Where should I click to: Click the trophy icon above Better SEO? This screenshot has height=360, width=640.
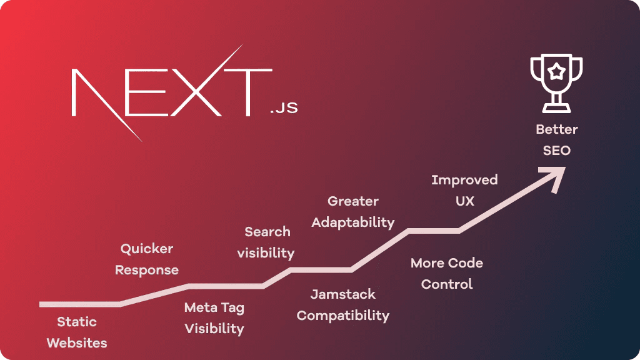[556, 84]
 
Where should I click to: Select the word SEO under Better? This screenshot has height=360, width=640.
[556, 151]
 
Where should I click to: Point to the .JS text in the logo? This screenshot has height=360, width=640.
[284, 107]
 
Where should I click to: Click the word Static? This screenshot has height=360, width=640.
[77, 322]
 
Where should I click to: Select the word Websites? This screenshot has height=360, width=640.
[77, 343]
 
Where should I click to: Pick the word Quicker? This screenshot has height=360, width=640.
[147, 249]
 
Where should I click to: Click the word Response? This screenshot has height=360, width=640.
[147, 270]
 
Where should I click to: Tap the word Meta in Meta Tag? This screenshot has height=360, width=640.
[201, 307]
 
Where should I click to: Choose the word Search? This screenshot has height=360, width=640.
[267, 232]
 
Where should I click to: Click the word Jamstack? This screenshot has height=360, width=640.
[343, 294]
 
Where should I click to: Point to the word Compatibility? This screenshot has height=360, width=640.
[343, 316]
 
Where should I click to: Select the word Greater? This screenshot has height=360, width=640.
[353, 201]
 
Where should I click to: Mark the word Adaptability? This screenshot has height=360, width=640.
[353, 222]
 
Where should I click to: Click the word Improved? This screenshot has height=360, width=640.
[464, 180]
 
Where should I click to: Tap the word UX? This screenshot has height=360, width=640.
[465, 201]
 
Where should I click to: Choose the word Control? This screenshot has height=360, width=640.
[447, 284]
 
